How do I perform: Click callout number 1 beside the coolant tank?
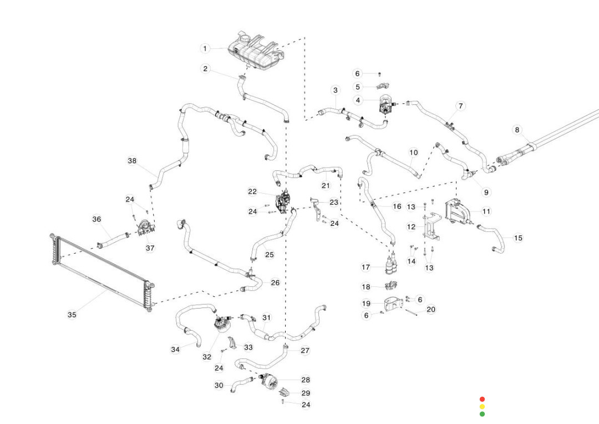(x=205, y=48)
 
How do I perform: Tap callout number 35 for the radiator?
(x=72, y=315)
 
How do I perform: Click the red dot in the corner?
(x=482, y=399)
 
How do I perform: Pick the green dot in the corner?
(x=482, y=414)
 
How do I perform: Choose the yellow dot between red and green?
(x=482, y=406)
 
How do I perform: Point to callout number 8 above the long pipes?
(x=517, y=130)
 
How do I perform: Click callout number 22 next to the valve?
(x=252, y=191)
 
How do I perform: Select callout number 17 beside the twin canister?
(x=366, y=267)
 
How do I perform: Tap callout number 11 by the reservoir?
(x=486, y=211)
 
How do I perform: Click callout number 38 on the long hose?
(x=132, y=161)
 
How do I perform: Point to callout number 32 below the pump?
(x=207, y=357)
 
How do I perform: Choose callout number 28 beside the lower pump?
(x=306, y=380)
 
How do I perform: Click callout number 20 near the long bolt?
(x=431, y=309)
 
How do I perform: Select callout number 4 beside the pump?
(x=358, y=100)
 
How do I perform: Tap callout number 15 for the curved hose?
(x=518, y=238)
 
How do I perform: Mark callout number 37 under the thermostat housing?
(x=150, y=248)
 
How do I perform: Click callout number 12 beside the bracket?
(x=411, y=226)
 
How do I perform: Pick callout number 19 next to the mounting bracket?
(x=366, y=304)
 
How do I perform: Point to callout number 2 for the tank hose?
(x=205, y=69)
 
